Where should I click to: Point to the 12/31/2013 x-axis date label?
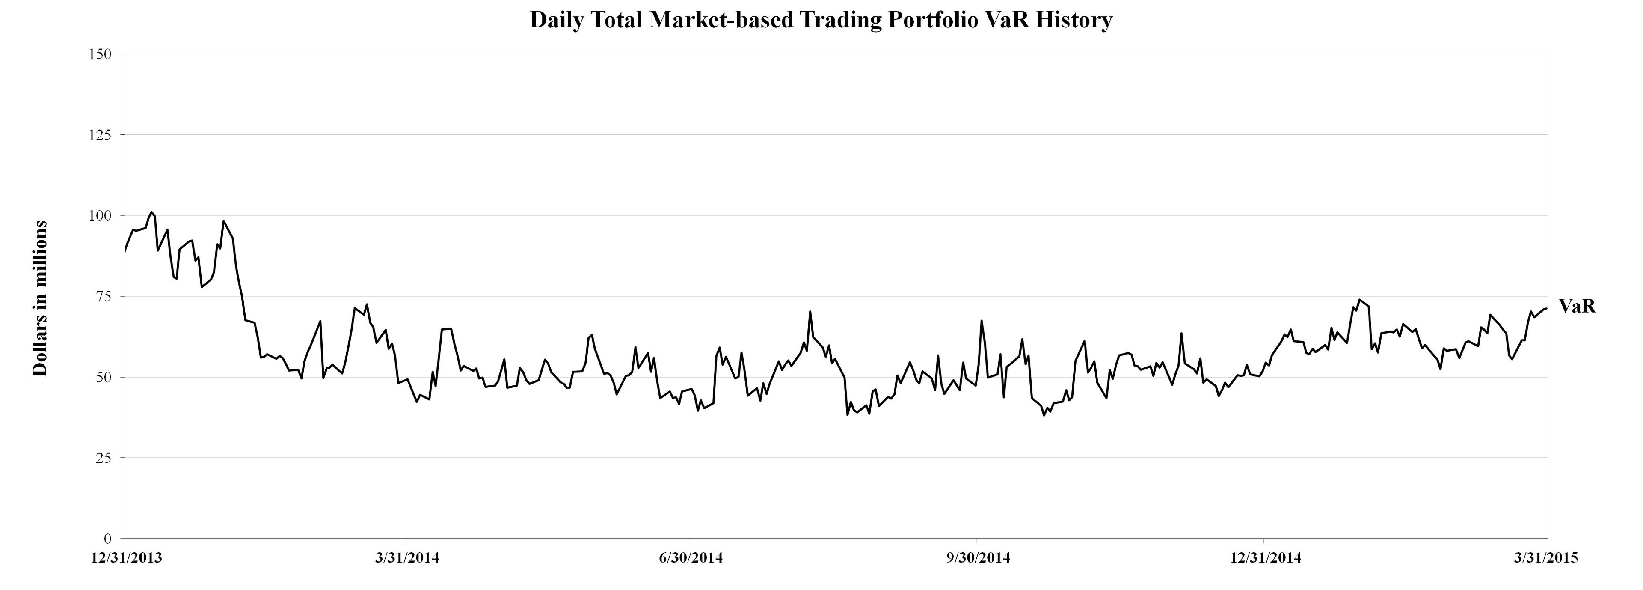pyautogui.click(x=126, y=558)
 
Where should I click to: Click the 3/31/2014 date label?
pyautogui.click(x=407, y=558)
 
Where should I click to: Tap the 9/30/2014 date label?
pyautogui.click(x=978, y=558)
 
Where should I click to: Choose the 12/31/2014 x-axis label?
pyautogui.click(x=1265, y=558)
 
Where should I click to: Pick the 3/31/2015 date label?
pyautogui.click(x=1545, y=558)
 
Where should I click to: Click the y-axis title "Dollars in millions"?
pyautogui.click(x=40, y=298)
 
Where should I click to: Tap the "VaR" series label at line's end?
pyautogui.click(x=1577, y=307)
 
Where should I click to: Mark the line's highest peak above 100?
pyautogui.click(x=151, y=212)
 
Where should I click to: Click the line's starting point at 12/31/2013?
pyautogui.click(x=125, y=251)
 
